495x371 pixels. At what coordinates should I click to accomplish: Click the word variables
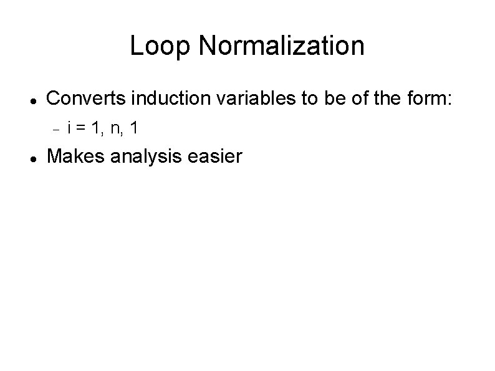[x=228, y=98]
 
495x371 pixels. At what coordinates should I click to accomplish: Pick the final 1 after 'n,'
[x=135, y=129]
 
